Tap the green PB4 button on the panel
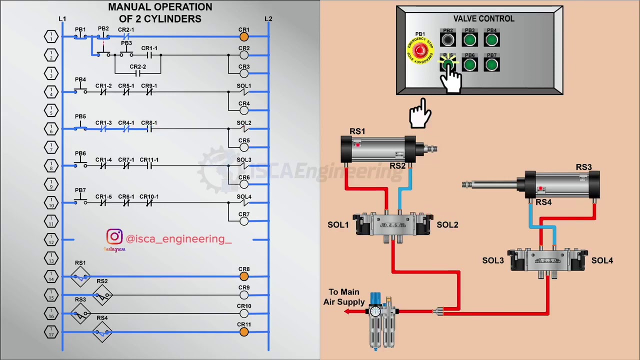491,40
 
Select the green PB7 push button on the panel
491,65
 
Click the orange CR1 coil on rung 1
244,36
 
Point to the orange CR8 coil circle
244,276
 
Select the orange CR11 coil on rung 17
244,331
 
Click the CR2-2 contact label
138,66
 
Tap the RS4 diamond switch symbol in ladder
102,332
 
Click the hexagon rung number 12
51,240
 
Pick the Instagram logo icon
114,237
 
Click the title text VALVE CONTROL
483,18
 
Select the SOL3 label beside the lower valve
493,260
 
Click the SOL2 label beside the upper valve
447,225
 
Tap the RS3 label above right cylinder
583,167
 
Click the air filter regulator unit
381,320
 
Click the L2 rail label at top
268,19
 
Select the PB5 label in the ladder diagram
80,116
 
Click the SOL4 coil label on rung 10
244,196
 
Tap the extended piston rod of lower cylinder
492,185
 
